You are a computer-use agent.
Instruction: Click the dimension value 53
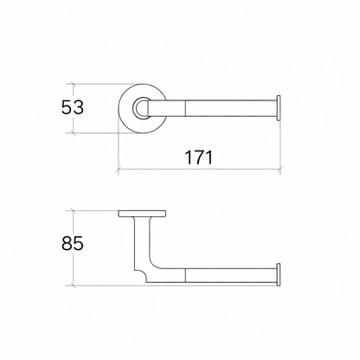tap(73, 107)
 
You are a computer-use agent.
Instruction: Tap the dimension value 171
tap(198, 157)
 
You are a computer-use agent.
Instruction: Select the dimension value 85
tap(73, 243)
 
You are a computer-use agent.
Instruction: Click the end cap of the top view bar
tap(279, 108)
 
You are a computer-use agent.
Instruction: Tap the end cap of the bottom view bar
tap(279, 274)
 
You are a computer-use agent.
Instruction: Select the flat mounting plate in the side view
tap(142, 214)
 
